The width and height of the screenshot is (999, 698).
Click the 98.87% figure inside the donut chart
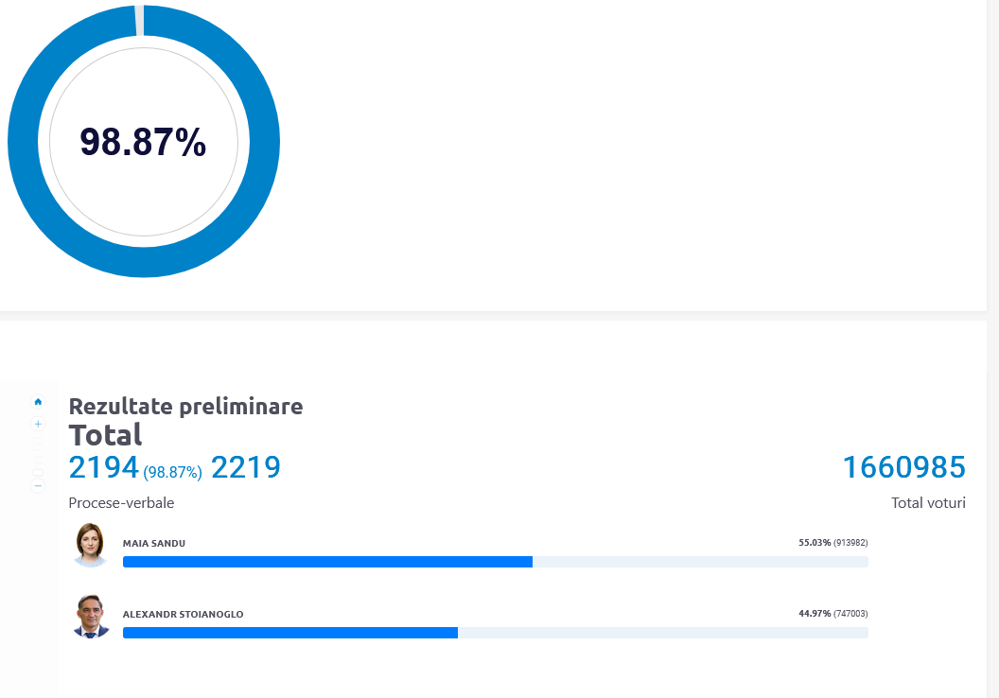[x=143, y=142]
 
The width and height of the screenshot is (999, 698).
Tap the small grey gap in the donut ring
[x=140, y=20]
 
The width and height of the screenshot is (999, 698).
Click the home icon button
[x=38, y=401]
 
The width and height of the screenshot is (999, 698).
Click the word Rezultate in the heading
[x=120, y=407]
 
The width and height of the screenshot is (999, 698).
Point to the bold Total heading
[x=105, y=435]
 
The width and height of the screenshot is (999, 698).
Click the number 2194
[x=104, y=467]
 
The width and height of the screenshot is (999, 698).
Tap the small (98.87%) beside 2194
[x=173, y=471]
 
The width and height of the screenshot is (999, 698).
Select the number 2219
[x=246, y=467]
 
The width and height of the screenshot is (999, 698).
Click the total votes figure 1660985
[x=903, y=467]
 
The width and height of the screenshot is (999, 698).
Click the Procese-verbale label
[x=121, y=503]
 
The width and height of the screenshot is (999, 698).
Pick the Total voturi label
[x=928, y=503]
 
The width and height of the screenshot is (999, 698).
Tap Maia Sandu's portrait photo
[x=92, y=545]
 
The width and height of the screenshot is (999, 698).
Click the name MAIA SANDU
[x=154, y=543]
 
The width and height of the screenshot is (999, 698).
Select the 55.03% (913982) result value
[x=832, y=543]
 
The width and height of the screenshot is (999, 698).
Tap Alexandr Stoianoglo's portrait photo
[x=92, y=616]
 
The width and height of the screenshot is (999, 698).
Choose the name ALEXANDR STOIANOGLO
[x=183, y=614]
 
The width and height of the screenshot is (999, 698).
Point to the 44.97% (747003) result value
[x=832, y=614]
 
